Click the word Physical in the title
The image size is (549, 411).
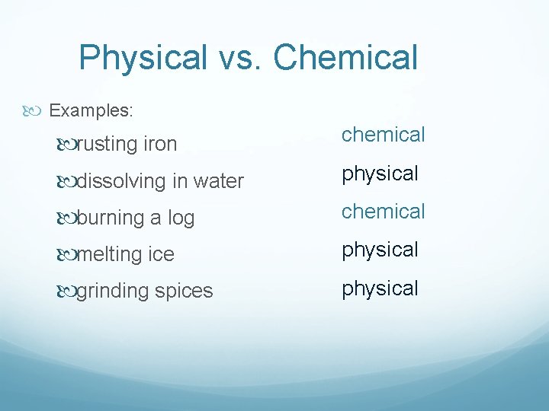[x=143, y=58]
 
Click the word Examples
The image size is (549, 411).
[x=91, y=110]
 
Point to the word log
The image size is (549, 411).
[x=181, y=218]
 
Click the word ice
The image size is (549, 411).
[x=161, y=254]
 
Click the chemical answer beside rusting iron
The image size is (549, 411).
[x=383, y=135]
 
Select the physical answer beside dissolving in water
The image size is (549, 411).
[x=380, y=174]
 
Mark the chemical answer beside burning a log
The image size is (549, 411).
[x=383, y=212]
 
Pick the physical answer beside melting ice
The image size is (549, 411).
[x=380, y=250]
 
